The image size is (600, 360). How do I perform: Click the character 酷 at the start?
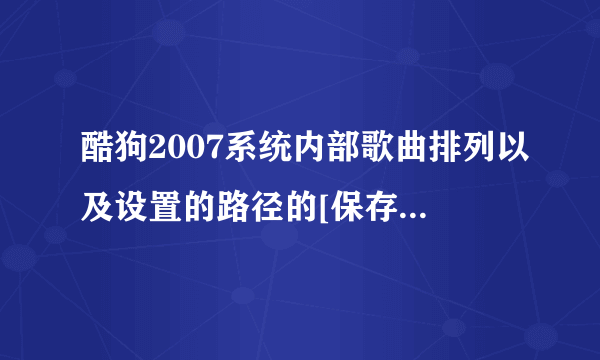(x=94, y=150)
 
